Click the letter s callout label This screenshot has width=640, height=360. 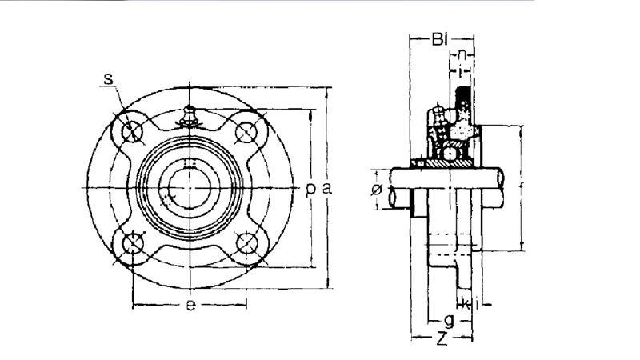[108, 78]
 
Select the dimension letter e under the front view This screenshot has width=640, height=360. [190, 306]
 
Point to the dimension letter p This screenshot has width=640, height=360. [311, 188]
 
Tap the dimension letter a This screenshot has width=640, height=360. [326, 188]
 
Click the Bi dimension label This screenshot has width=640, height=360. [440, 38]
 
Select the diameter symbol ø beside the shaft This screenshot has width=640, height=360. [377, 189]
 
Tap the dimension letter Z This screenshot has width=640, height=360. [440, 338]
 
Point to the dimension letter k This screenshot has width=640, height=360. [466, 303]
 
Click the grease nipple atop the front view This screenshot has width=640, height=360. [190, 116]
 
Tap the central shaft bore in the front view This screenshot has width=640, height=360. [190, 188]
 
